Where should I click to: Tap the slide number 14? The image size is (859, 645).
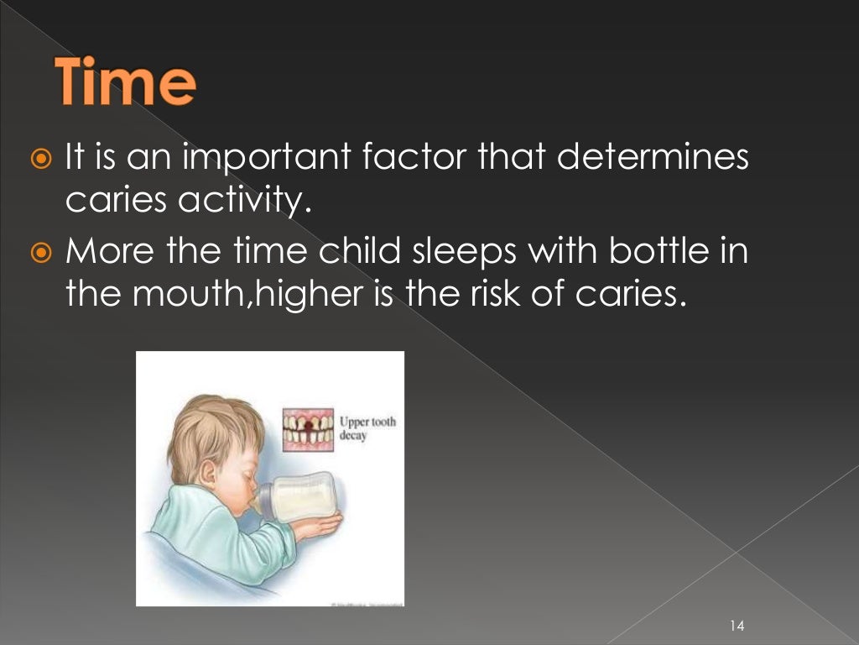[x=738, y=625]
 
